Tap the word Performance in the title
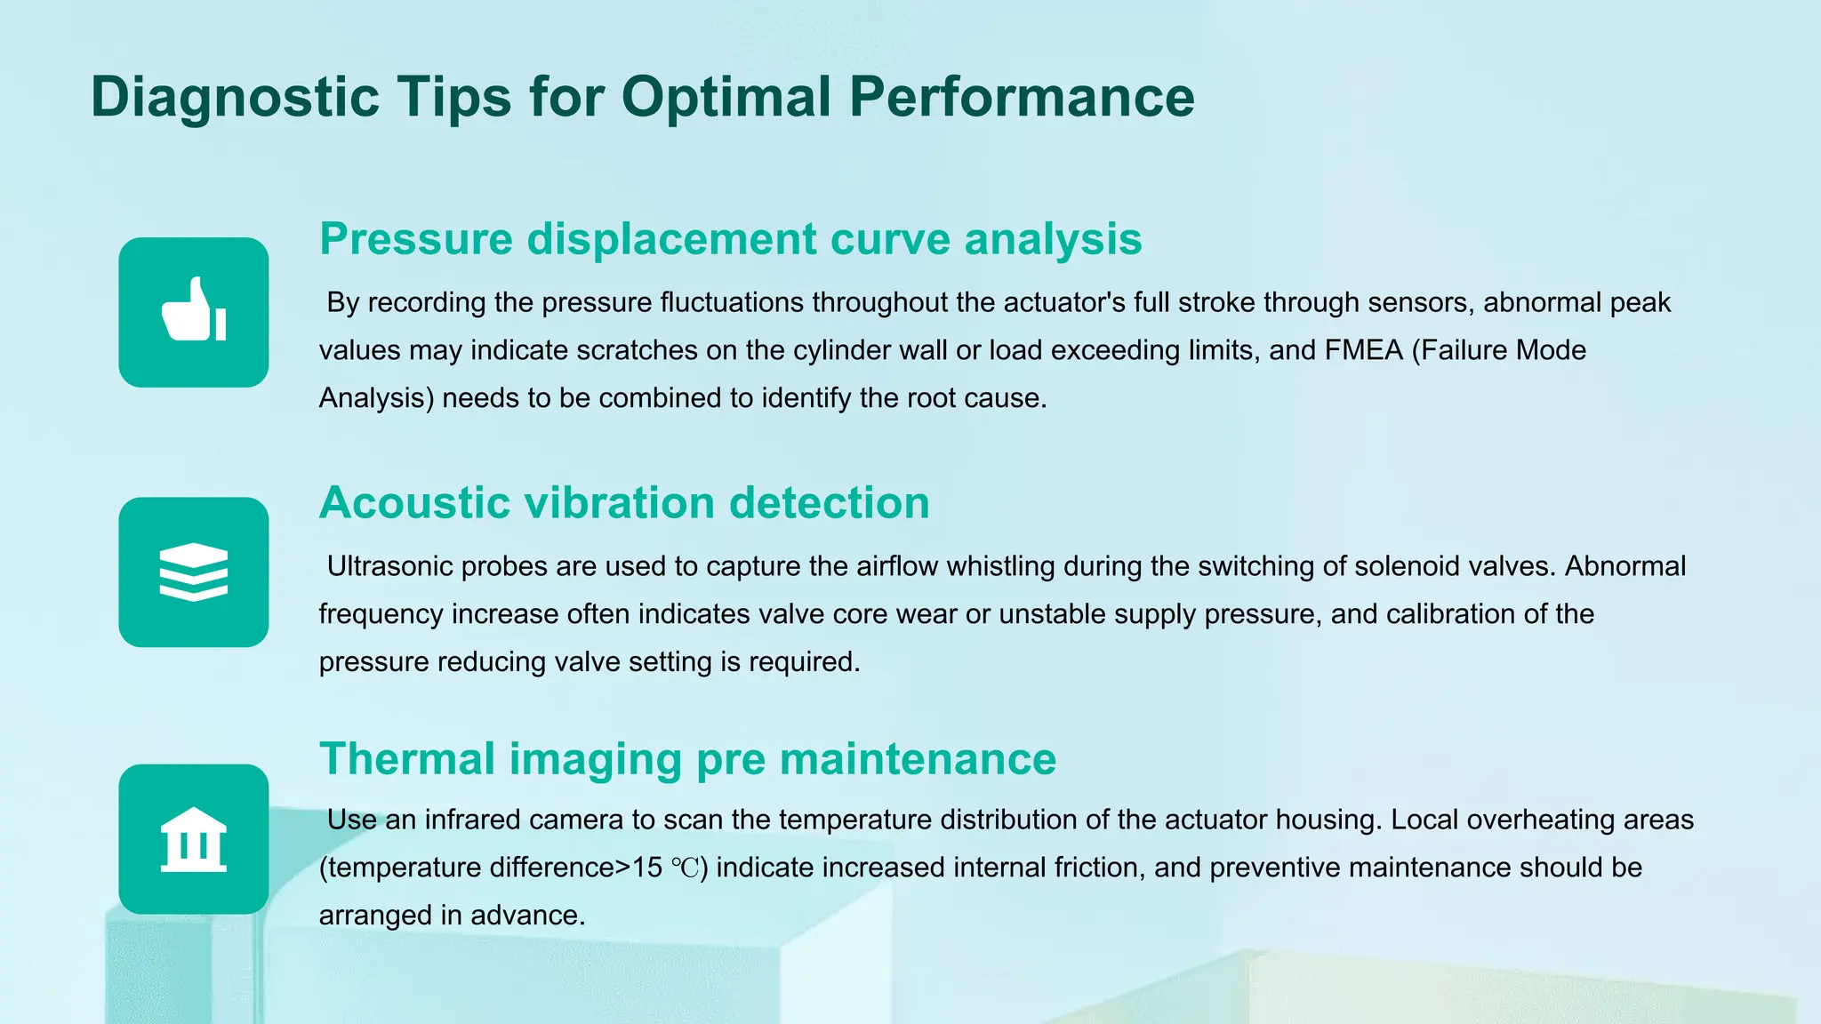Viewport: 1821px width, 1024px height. click(x=1022, y=97)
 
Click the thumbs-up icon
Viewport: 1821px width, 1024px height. click(x=194, y=311)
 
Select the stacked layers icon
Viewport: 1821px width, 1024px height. click(x=194, y=572)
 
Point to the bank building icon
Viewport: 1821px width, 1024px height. click(x=194, y=839)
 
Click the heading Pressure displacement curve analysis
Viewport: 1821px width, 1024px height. click(x=730, y=239)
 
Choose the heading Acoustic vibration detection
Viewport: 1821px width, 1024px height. click(x=624, y=503)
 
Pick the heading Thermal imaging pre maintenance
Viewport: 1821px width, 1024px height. click(x=687, y=759)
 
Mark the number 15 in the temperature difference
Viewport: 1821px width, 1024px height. click(x=646, y=868)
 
